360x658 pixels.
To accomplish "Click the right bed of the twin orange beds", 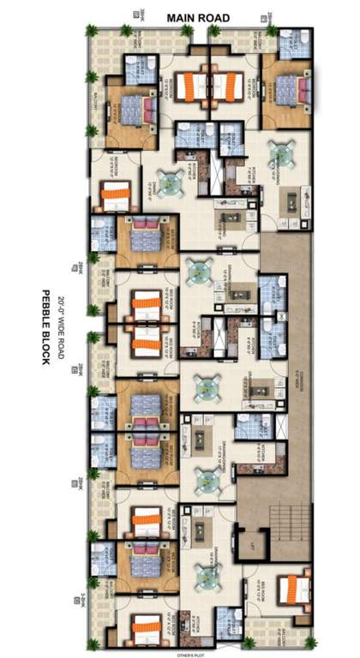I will tap(229, 87).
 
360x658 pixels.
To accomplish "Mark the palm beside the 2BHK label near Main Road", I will tap(272, 31).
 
